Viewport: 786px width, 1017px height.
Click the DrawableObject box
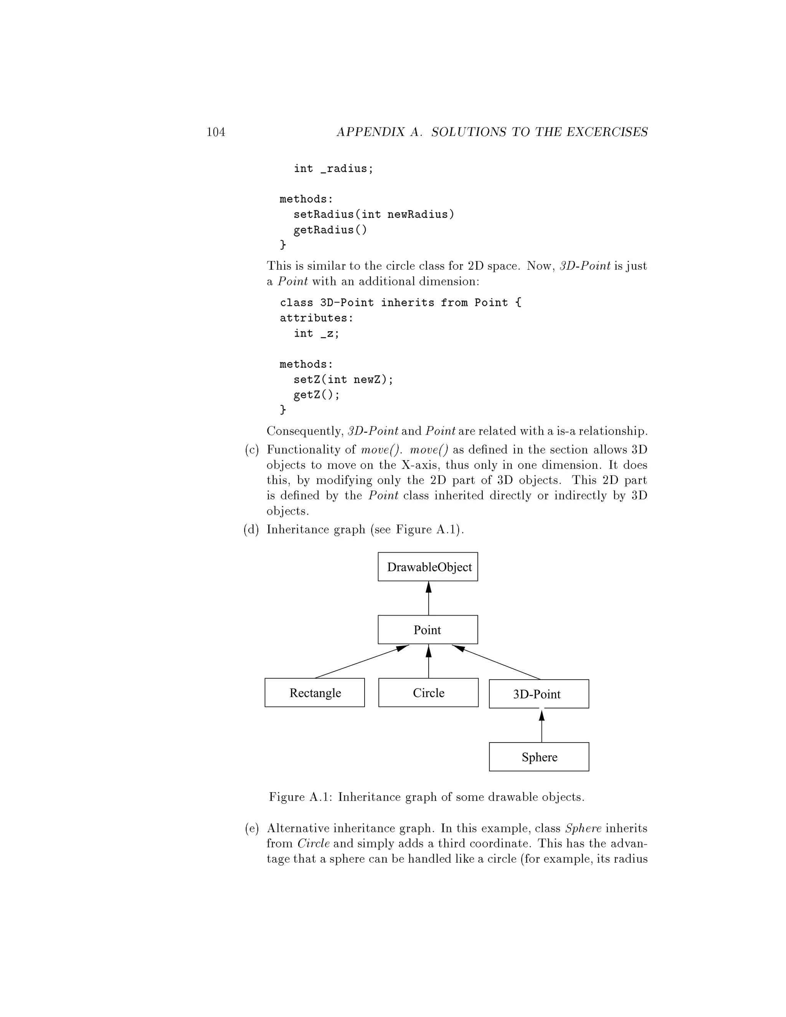tap(428, 567)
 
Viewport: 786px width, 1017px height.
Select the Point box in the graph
tap(428, 629)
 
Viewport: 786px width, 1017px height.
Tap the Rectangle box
tap(315, 693)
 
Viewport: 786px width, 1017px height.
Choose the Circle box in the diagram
tap(428, 693)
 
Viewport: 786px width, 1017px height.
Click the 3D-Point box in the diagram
tap(539, 694)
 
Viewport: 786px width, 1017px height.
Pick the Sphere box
tap(539, 757)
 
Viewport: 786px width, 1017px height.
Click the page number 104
tap(216, 132)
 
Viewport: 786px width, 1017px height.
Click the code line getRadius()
tap(330, 230)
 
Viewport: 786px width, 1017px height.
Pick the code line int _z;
tap(317, 333)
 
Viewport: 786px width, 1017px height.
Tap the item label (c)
tap(251, 450)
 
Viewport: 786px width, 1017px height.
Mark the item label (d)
tap(251, 530)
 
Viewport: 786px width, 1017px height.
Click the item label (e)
tap(251, 829)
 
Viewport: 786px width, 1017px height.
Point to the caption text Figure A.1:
tap(301, 797)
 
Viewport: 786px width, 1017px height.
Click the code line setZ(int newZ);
tap(343, 380)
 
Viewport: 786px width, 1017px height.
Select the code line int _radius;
tap(334, 168)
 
